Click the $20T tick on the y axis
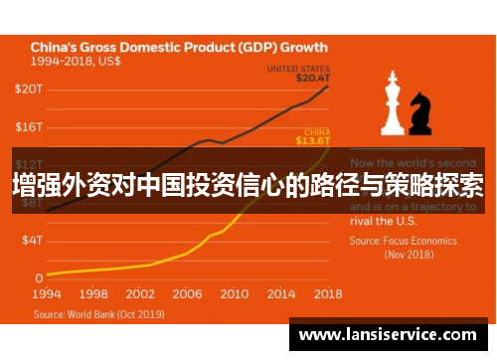pos(29,90)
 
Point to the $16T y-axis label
pos(29,127)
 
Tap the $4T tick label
pos(32,240)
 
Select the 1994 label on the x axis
pos(47,294)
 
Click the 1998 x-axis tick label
pos(93,294)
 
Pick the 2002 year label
pos(140,294)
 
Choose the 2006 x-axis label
pos(187,294)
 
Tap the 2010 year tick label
pos(234,294)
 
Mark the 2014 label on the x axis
pos(280,294)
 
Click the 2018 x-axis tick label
pos(327,294)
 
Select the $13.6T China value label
pos(314,140)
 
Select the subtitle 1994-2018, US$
pos(74,61)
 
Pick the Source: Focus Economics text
pos(403,241)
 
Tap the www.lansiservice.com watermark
pos(389,335)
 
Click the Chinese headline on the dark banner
pos(248,186)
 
